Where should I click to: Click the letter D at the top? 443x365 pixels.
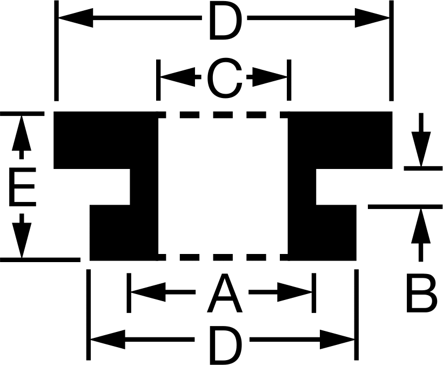click(226, 22)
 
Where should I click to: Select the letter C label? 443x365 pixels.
click(225, 78)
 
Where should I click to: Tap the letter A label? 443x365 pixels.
click(225, 294)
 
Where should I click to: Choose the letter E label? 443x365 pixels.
click(22, 187)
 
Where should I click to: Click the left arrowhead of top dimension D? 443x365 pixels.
click(76, 18)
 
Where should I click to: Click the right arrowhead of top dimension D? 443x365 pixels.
click(372, 18)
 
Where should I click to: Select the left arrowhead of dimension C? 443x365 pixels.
click(178, 77)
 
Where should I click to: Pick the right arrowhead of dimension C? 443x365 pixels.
click(270, 77)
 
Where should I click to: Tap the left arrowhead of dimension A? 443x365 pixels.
click(149, 292)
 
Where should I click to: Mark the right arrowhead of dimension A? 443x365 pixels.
click(294, 292)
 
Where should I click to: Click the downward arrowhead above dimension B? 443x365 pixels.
click(421, 149)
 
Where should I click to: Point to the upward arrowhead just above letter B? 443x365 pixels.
click(421, 226)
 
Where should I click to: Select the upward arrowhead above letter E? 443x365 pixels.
click(22, 133)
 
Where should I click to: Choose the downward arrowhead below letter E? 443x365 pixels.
click(22, 240)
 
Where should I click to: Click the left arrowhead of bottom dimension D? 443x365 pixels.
click(108, 340)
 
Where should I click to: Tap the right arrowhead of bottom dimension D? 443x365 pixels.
click(337, 340)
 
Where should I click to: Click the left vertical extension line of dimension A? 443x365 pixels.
click(129, 293)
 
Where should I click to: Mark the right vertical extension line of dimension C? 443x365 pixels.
click(289, 80)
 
